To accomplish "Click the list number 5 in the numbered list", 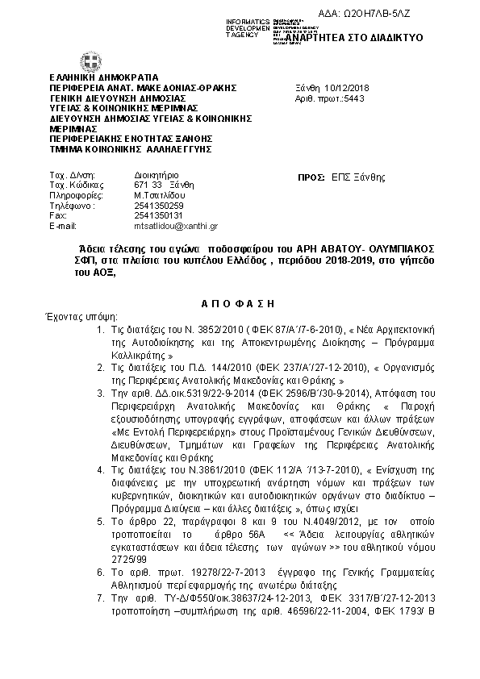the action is point(100,522).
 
